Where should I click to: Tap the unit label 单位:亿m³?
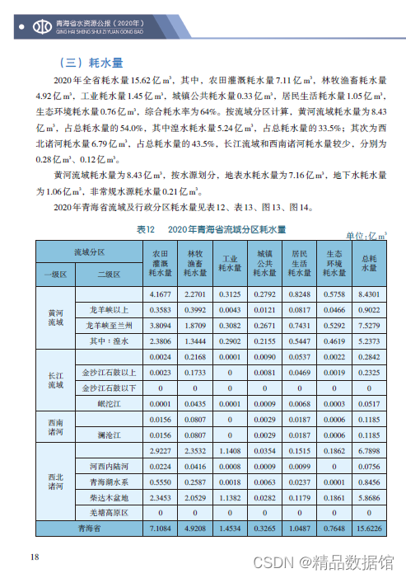[x=367, y=236]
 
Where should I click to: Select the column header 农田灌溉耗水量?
[x=161, y=262]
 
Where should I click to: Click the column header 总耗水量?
[x=369, y=262]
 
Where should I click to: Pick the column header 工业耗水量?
[x=230, y=262]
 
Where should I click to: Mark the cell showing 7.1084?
[x=161, y=528]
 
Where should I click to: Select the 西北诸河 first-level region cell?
[x=54, y=482]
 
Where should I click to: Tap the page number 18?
[x=35, y=557]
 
